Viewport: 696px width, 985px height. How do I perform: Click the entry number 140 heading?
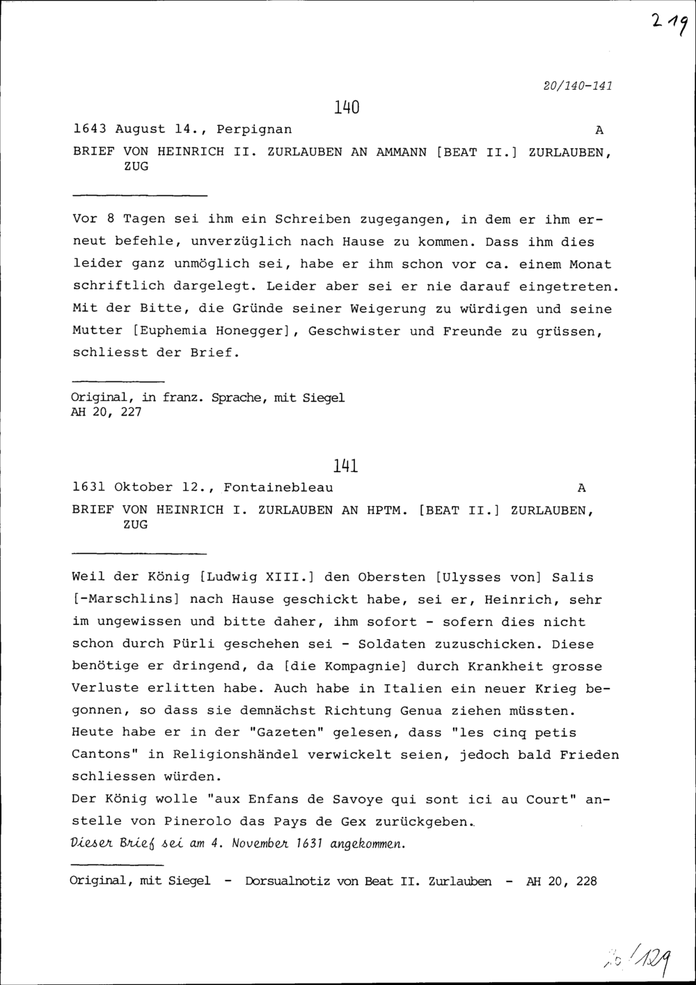click(346, 108)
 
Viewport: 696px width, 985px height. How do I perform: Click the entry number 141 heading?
click(346, 466)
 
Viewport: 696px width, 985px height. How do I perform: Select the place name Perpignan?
click(254, 129)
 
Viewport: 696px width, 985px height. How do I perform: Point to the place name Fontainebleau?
click(278, 487)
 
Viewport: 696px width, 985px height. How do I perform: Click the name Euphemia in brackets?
click(166, 331)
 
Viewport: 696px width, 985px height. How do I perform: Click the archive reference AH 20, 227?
click(106, 412)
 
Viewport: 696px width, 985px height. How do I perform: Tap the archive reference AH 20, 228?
click(562, 881)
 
